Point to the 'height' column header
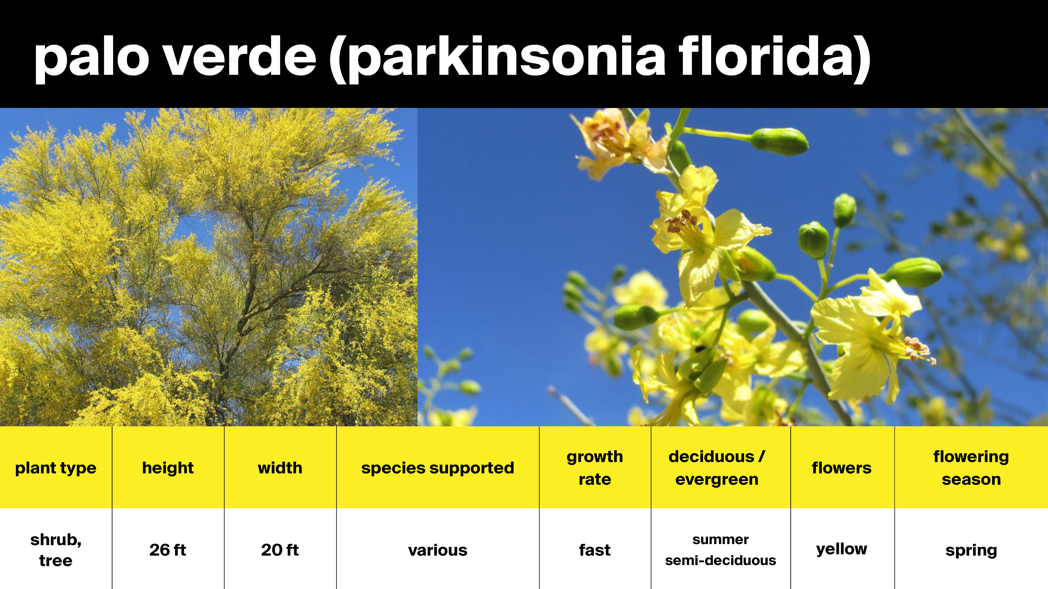[168, 468]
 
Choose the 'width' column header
[280, 468]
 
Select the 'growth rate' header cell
[595, 468]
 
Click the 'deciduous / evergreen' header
[717, 468]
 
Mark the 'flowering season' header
[971, 468]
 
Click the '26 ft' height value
[168, 550]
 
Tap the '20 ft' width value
[280, 550]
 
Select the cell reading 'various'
[438, 550]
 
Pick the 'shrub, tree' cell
[56, 550]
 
